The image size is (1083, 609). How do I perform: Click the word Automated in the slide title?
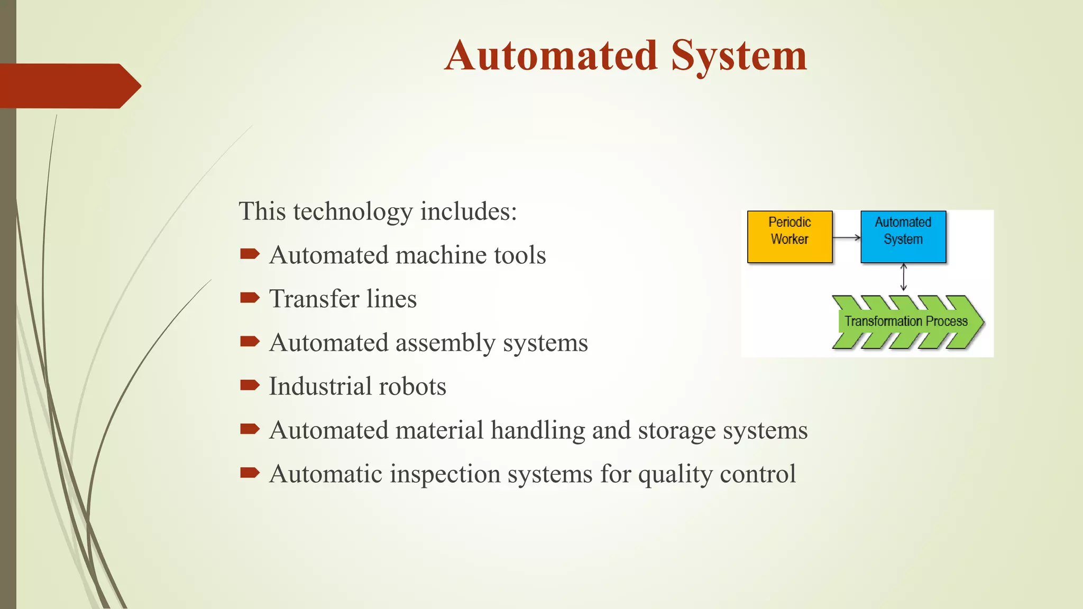click(x=551, y=56)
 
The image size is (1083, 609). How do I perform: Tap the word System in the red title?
click(x=739, y=57)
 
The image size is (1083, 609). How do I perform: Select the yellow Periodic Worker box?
click(x=790, y=236)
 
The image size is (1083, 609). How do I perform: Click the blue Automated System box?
click(x=903, y=236)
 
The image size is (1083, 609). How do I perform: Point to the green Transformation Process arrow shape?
click(x=907, y=321)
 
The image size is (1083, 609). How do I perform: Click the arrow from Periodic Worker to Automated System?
click(x=846, y=238)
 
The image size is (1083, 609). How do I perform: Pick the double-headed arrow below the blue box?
click(x=903, y=278)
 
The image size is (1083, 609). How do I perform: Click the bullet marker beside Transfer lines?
click(x=249, y=298)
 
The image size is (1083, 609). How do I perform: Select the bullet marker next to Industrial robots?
click(x=249, y=385)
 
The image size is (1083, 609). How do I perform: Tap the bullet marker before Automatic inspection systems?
click(x=249, y=473)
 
